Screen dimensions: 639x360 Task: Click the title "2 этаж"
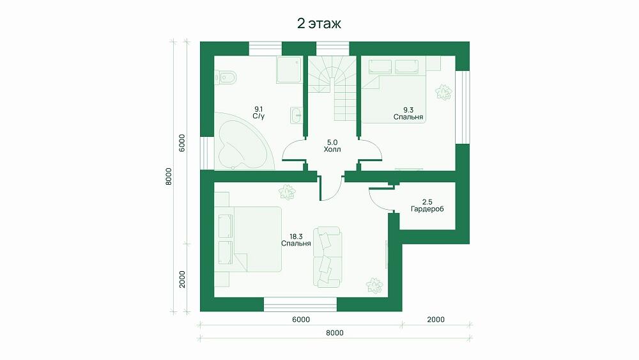tap(319, 24)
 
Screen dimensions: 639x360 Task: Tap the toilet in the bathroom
tap(226, 77)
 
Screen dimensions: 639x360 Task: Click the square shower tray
tap(289, 70)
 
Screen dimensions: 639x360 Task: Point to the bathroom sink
tap(296, 115)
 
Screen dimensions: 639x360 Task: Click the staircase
tap(332, 88)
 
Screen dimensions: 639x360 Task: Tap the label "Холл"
tap(332, 150)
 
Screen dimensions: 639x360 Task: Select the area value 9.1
tap(259, 109)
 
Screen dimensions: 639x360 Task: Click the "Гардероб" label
tap(427, 209)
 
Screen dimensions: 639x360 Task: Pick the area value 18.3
tap(296, 237)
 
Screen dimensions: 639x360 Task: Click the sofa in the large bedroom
tap(327, 257)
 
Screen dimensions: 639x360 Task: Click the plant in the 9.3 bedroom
tap(443, 91)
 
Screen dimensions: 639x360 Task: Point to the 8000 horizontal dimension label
tap(335, 333)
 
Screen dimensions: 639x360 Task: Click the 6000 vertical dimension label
tap(182, 143)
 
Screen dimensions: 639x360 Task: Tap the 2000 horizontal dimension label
tap(436, 320)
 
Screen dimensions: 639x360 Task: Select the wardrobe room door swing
tap(379, 200)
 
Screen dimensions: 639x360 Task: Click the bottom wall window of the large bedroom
tap(300, 304)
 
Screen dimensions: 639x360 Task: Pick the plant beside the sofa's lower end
tap(374, 285)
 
